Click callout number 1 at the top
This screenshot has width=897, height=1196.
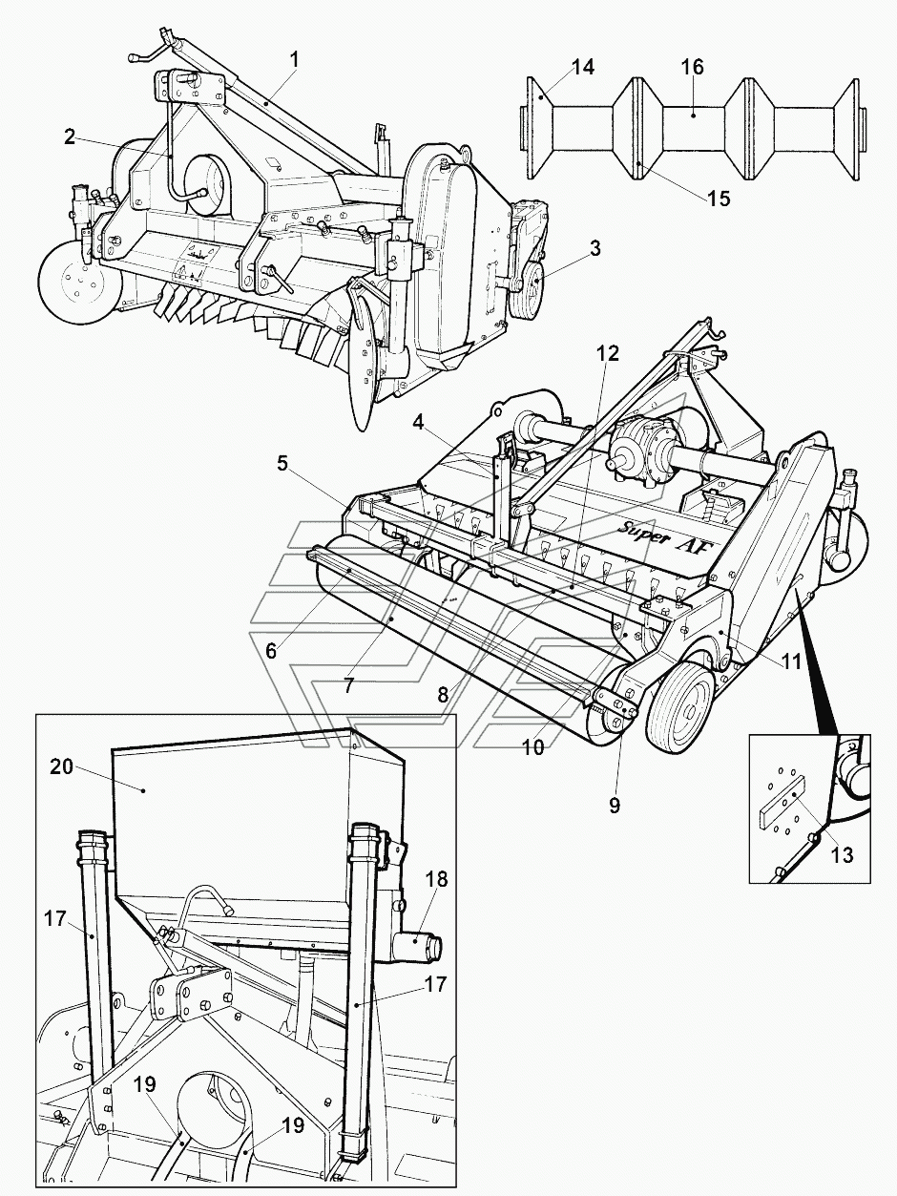pyautogui.click(x=294, y=60)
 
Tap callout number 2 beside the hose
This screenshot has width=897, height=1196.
pyautogui.click(x=69, y=136)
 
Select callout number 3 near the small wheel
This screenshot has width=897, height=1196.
pyautogui.click(x=595, y=248)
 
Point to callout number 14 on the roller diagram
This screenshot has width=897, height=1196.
pyautogui.click(x=582, y=67)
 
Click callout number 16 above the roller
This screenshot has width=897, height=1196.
pyautogui.click(x=692, y=67)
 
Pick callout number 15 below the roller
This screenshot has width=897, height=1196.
pyautogui.click(x=719, y=199)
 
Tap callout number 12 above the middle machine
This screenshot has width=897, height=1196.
pyautogui.click(x=608, y=353)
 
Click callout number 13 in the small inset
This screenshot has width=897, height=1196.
pyautogui.click(x=842, y=855)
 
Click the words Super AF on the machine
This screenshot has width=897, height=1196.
pyautogui.click(x=665, y=535)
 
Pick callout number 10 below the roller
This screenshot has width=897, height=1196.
pyautogui.click(x=534, y=747)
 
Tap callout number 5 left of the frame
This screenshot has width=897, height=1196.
pyautogui.click(x=282, y=464)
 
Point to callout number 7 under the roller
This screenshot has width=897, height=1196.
pyautogui.click(x=348, y=685)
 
